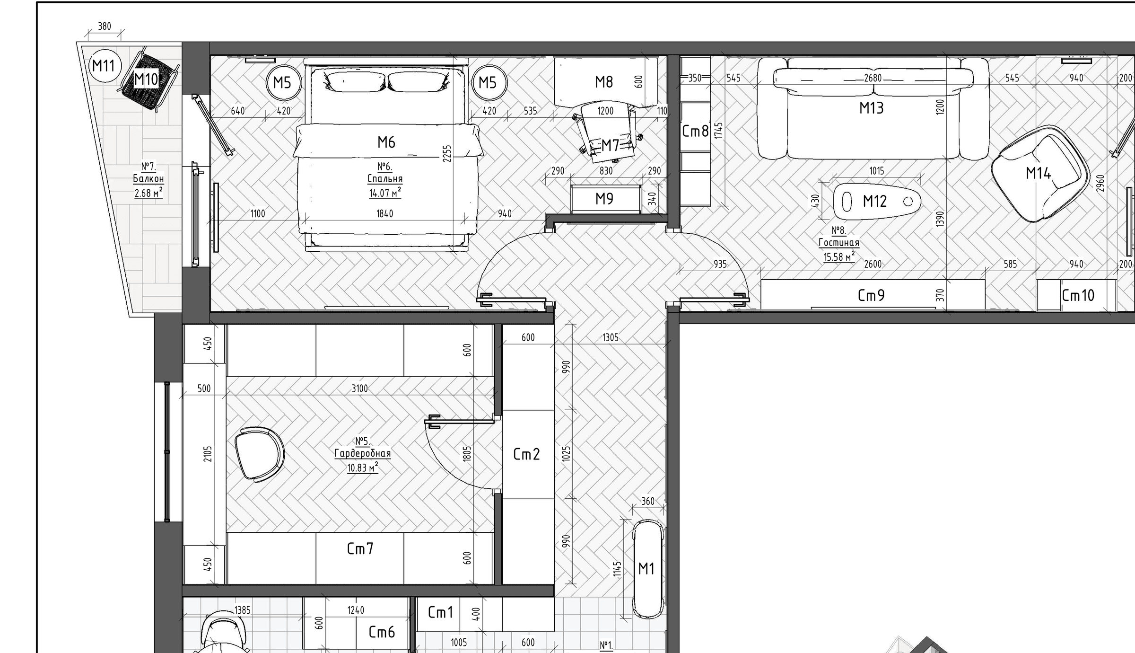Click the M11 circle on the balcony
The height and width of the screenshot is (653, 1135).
coord(105,65)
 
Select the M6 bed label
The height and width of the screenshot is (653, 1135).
coord(386,142)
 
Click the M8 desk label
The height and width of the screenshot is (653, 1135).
coord(604,82)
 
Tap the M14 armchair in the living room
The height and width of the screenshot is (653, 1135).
coord(1040,174)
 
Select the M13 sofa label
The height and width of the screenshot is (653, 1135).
coord(871,108)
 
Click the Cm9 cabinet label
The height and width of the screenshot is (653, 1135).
coord(871,296)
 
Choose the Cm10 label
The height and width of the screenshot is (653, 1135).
coord(1078,296)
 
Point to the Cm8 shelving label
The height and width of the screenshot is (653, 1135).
coord(695,131)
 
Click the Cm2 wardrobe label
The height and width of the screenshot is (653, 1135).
coord(526,454)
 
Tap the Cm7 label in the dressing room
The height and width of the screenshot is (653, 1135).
coord(360,549)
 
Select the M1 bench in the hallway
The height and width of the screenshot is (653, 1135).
coord(647,569)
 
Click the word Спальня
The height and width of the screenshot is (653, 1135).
coord(385,179)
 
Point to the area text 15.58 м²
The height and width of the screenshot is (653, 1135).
coord(839,257)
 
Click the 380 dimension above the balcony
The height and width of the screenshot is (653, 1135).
coord(105,26)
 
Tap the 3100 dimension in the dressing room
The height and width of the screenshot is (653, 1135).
coord(359,388)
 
